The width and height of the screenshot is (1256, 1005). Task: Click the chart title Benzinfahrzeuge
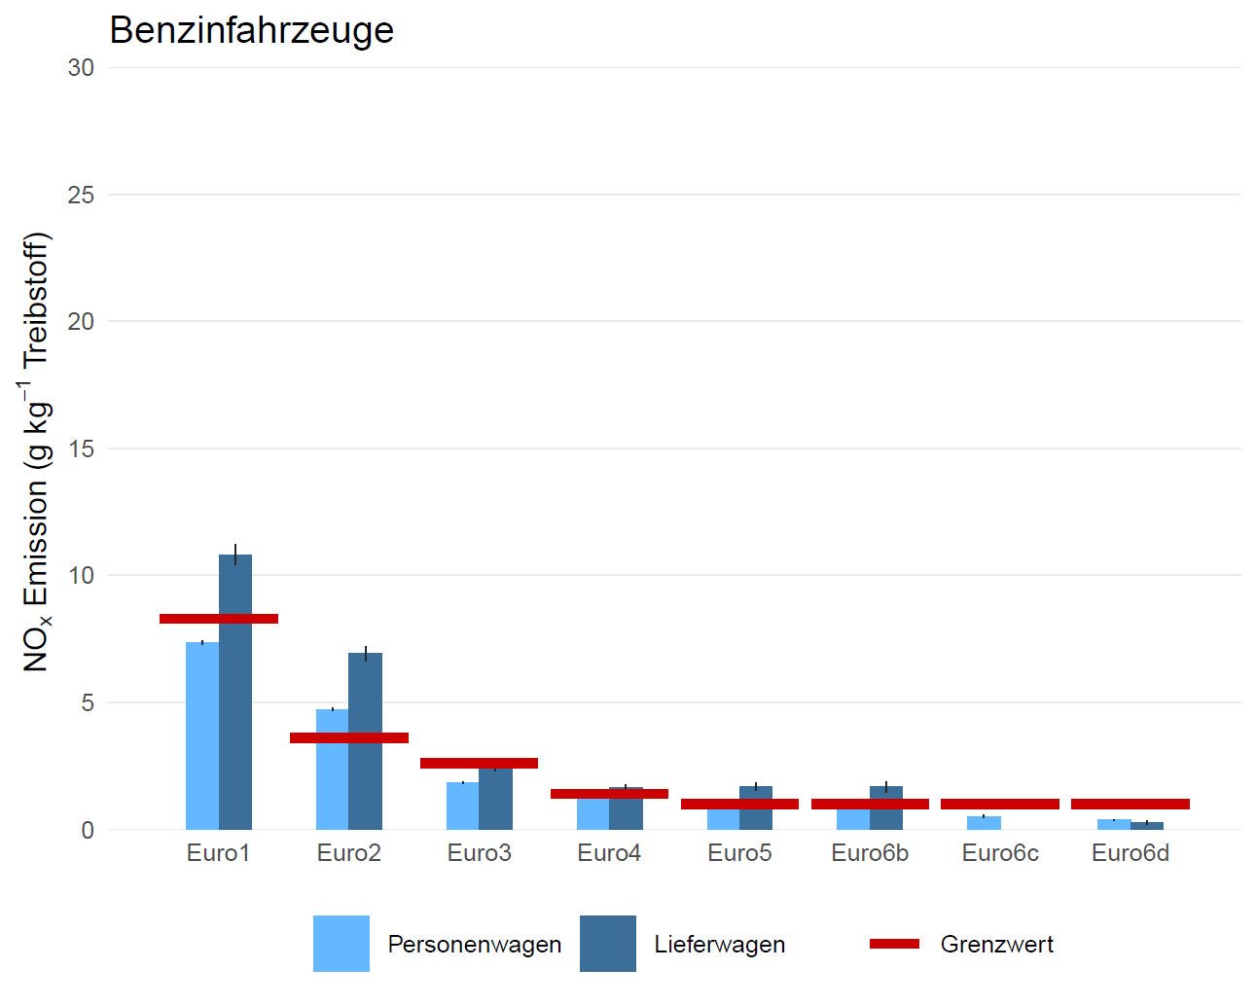tap(251, 30)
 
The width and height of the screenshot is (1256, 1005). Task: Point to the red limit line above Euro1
tap(219, 619)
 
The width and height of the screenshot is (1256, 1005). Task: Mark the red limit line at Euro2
tap(349, 737)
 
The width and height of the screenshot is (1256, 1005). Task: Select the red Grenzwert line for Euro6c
tap(1000, 804)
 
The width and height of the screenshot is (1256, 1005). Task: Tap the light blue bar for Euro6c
tap(984, 823)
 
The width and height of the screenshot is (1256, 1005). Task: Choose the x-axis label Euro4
tap(609, 853)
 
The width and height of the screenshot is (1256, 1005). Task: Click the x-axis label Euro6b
tap(870, 853)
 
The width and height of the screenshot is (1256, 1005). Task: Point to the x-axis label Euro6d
tap(1130, 853)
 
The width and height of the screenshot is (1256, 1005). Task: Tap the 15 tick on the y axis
tap(82, 449)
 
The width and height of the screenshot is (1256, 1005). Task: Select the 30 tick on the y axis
tap(82, 67)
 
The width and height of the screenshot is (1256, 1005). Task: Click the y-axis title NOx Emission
tap(37, 452)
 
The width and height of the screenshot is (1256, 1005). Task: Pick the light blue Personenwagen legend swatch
tap(341, 944)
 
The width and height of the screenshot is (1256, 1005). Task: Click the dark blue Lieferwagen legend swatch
tap(608, 944)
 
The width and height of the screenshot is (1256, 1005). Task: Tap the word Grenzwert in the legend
tap(997, 944)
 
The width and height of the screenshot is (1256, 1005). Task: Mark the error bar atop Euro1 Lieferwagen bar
tap(235, 554)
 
